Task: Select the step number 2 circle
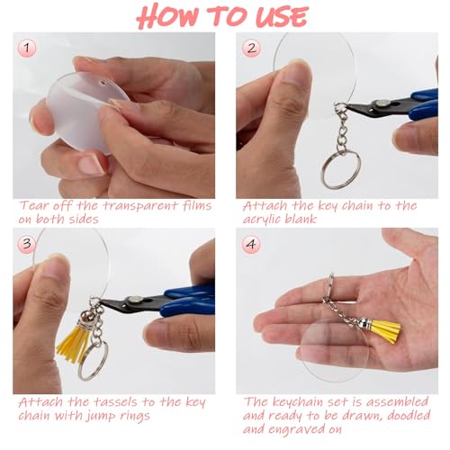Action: coord(251,47)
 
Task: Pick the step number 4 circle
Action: coord(251,242)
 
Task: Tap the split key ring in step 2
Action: coord(341,167)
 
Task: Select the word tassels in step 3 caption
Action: coord(111,402)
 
